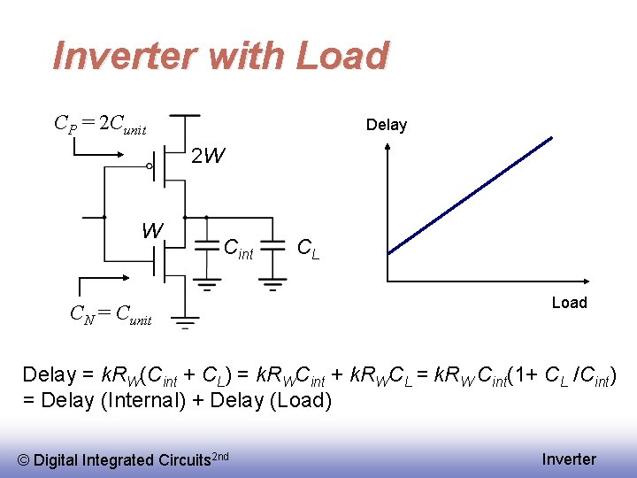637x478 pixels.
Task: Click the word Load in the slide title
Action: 342,56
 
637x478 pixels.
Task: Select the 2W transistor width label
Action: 209,157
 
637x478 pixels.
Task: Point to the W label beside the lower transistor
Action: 152,231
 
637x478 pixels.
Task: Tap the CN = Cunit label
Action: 111,313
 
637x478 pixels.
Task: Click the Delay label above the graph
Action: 387,125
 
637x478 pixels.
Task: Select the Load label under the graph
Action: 569,303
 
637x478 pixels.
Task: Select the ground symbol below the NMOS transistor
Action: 184,321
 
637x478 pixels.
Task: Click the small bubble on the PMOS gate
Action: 150,166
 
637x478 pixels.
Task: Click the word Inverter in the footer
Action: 569,459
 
